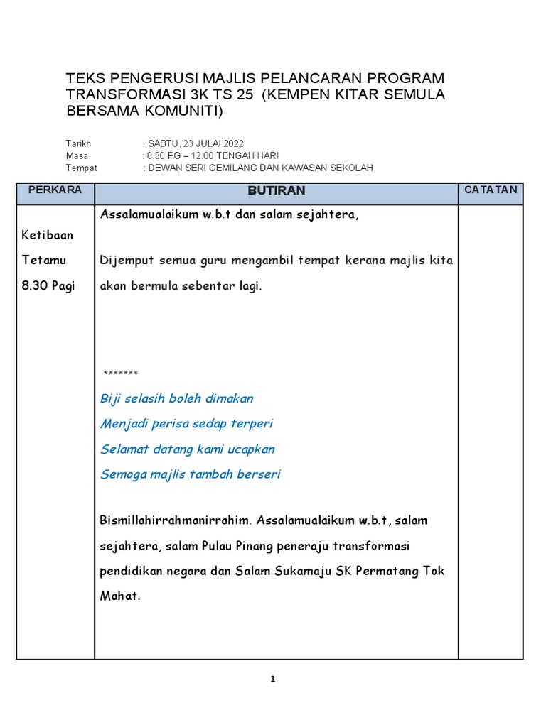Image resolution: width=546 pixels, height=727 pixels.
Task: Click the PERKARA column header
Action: pos(55,190)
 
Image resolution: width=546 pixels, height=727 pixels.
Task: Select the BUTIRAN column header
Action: pos(276,190)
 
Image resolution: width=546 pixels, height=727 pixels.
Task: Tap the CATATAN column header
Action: pos(491,190)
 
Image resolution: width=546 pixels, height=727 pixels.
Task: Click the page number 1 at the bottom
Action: pos(273,679)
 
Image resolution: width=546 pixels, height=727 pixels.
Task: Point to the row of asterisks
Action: pos(120,374)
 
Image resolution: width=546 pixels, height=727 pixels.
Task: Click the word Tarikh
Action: pos(78,143)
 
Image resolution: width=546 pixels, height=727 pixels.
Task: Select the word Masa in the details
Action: pos(77,155)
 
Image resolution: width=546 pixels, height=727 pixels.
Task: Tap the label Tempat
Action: pos(81,168)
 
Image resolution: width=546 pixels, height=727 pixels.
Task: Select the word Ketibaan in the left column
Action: pos(48,235)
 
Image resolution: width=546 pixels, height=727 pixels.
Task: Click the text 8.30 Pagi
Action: pos(48,286)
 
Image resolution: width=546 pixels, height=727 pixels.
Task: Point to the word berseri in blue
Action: pos(258,474)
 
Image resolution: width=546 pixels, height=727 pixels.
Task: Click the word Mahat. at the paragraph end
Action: pos(120,596)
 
